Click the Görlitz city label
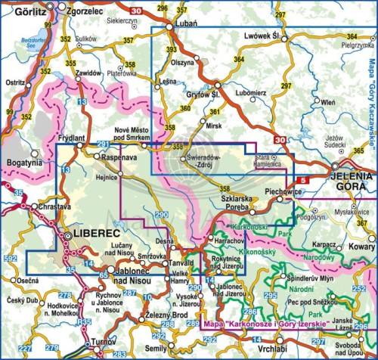19,13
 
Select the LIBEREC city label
92,236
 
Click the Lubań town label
184,23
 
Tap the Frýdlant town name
72,139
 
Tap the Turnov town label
93,343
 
